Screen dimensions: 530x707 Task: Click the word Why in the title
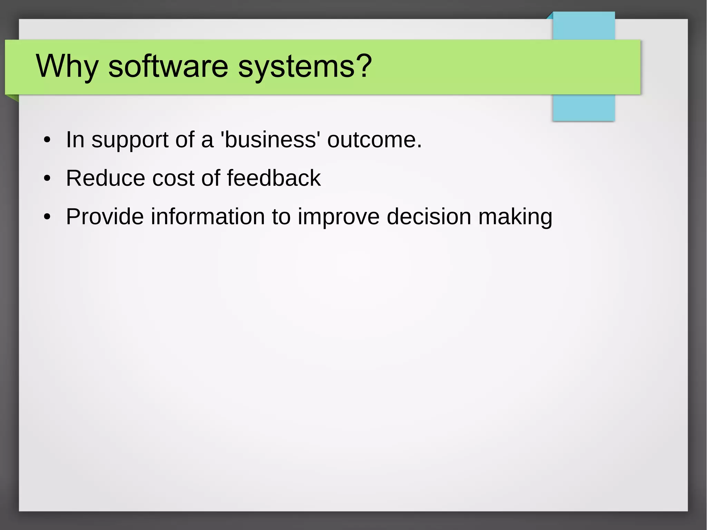pyautogui.click(x=67, y=66)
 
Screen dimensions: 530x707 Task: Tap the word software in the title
pyautogui.click(x=168, y=66)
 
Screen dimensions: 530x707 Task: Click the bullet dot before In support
pyautogui.click(x=47, y=140)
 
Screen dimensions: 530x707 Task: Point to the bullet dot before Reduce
pyautogui.click(x=47, y=179)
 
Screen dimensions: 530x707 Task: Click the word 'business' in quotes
pyautogui.click(x=270, y=139)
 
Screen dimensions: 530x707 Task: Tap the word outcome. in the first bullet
pyautogui.click(x=375, y=139)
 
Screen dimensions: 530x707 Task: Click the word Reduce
pyautogui.click(x=105, y=178)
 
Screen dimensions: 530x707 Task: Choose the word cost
pyautogui.click(x=173, y=178)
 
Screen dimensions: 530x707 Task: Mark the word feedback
pyautogui.click(x=274, y=178)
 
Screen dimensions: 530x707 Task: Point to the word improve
pyautogui.click(x=339, y=218)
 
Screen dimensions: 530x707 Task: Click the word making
pyautogui.click(x=515, y=218)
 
